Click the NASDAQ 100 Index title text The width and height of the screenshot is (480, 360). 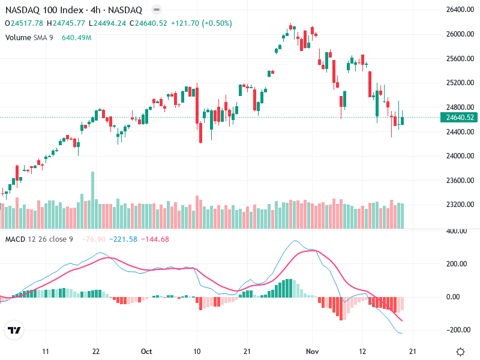click(x=44, y=10)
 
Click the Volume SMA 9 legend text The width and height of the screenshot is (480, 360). click(x=29, y=37)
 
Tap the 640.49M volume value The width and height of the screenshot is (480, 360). click(x=76, y=37)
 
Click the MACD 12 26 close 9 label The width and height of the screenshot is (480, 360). click(x=39, y=239)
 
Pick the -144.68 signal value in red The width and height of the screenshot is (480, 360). click(x=156, y=239)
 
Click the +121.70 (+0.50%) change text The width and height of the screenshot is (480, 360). click(x=201, y=23)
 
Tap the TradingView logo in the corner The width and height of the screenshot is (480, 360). click(x=14, y=331)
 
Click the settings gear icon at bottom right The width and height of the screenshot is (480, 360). click(x=461, y=352)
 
